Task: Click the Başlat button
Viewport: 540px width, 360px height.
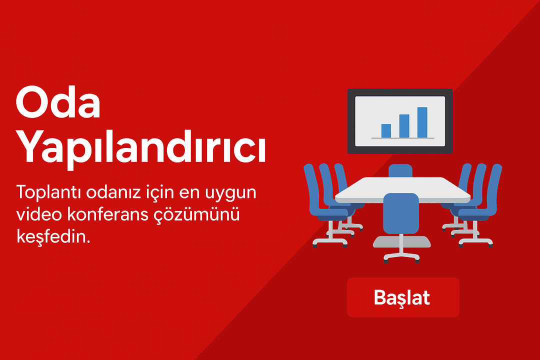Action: [403, 297]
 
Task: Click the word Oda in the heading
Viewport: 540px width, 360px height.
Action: [58, 102]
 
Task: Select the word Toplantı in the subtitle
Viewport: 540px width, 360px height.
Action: [48, 192]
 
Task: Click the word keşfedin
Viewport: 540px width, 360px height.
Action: [53, 236]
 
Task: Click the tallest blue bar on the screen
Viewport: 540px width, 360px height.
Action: [422, 122]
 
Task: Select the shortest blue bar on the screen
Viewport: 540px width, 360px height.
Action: [386, 131]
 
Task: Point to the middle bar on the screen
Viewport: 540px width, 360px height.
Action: [404, 126]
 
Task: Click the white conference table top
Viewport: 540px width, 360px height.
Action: [402, 189]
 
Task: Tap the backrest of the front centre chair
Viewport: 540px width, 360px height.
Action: [401, 213]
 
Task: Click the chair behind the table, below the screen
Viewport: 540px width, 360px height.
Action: [400, 171]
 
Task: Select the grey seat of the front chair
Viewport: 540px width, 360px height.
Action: [401, 242]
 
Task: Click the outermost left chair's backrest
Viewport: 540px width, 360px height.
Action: [311, 189]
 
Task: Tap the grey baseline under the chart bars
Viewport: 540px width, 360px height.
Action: [403, 138]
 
